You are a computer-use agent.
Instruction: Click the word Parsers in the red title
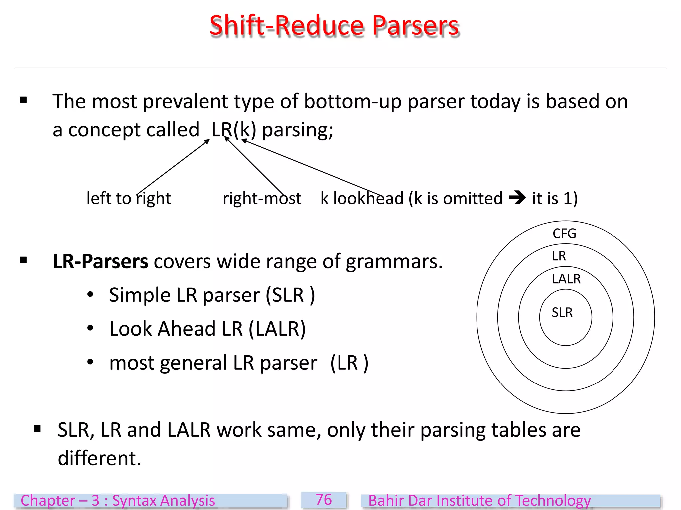coord(416,26)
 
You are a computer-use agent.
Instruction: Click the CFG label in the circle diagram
coord(564,234)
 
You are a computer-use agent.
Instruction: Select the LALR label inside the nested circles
coord(566,279)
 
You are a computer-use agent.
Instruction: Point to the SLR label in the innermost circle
coord(562,313)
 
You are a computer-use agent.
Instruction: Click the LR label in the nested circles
coord(559,256)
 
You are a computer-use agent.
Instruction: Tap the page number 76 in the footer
coord(324,500)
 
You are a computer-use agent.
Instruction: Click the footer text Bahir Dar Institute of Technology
coord(479,501)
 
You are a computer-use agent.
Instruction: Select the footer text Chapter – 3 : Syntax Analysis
coord(118,501)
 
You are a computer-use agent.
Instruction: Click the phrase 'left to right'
coord(129,198)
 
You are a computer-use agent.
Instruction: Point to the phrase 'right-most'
coord(262,198)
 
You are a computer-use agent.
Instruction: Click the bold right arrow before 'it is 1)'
coord(517,198)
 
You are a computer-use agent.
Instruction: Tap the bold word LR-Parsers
coord(100,261)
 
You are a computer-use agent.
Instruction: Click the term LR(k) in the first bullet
coord(234,129)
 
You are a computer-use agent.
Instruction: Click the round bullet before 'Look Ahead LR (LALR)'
coord(90,328)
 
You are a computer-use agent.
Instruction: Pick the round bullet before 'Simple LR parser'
coord(90,294)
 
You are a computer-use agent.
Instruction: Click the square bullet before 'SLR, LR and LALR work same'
coord(37,429)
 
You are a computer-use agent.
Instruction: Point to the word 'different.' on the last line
coord(99,458)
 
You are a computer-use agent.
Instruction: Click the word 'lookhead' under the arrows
coord(368,198)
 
